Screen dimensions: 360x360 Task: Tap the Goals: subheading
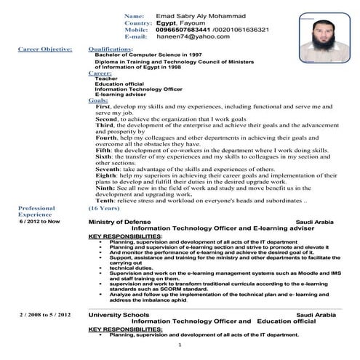98,100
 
